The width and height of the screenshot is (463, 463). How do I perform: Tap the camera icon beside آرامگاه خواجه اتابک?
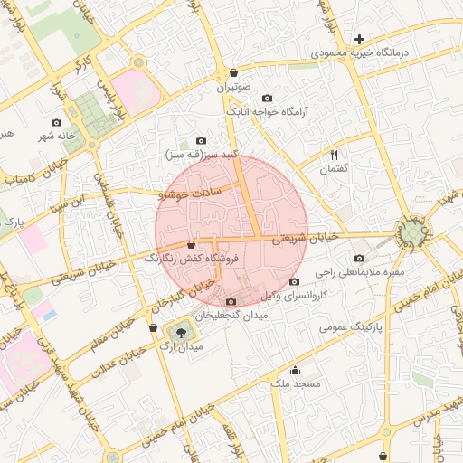pos(267,99)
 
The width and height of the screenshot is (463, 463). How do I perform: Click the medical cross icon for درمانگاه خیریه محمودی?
pos(360,39)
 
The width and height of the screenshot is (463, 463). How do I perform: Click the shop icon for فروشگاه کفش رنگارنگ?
pos(191,244)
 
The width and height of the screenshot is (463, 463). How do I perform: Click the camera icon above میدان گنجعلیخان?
pos(231,302)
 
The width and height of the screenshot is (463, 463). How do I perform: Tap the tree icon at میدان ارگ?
pos(183,332)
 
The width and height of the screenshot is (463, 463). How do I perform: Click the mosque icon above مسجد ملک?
pos(295,370)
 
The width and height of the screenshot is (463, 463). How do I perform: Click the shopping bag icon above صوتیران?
pos(234,73)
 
